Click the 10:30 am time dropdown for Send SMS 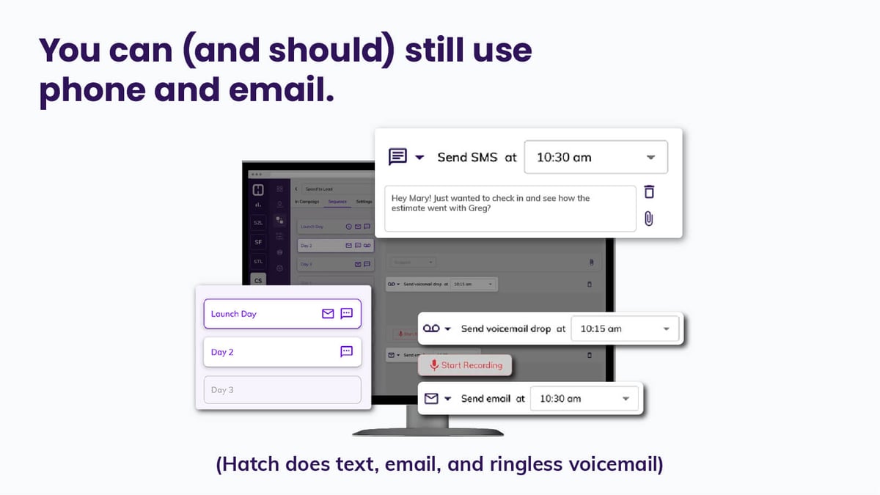(x=595, y=157)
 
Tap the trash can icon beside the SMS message (x=649, y=192)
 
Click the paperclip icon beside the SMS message (x=649, y=219)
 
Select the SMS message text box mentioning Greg (x=510, y=208)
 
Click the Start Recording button (x=465, y=365)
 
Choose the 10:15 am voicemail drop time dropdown (x=625, y=329)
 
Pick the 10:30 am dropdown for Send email (x=584, y=399)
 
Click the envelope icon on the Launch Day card (x=328, y=314)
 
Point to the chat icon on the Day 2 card (x=347, y=352)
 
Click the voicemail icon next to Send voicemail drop (x=432, y=329)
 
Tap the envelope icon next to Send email (x=431, y=399)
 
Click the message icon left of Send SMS (x=397, y=157)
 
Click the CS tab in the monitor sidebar (x=258, y=280)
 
